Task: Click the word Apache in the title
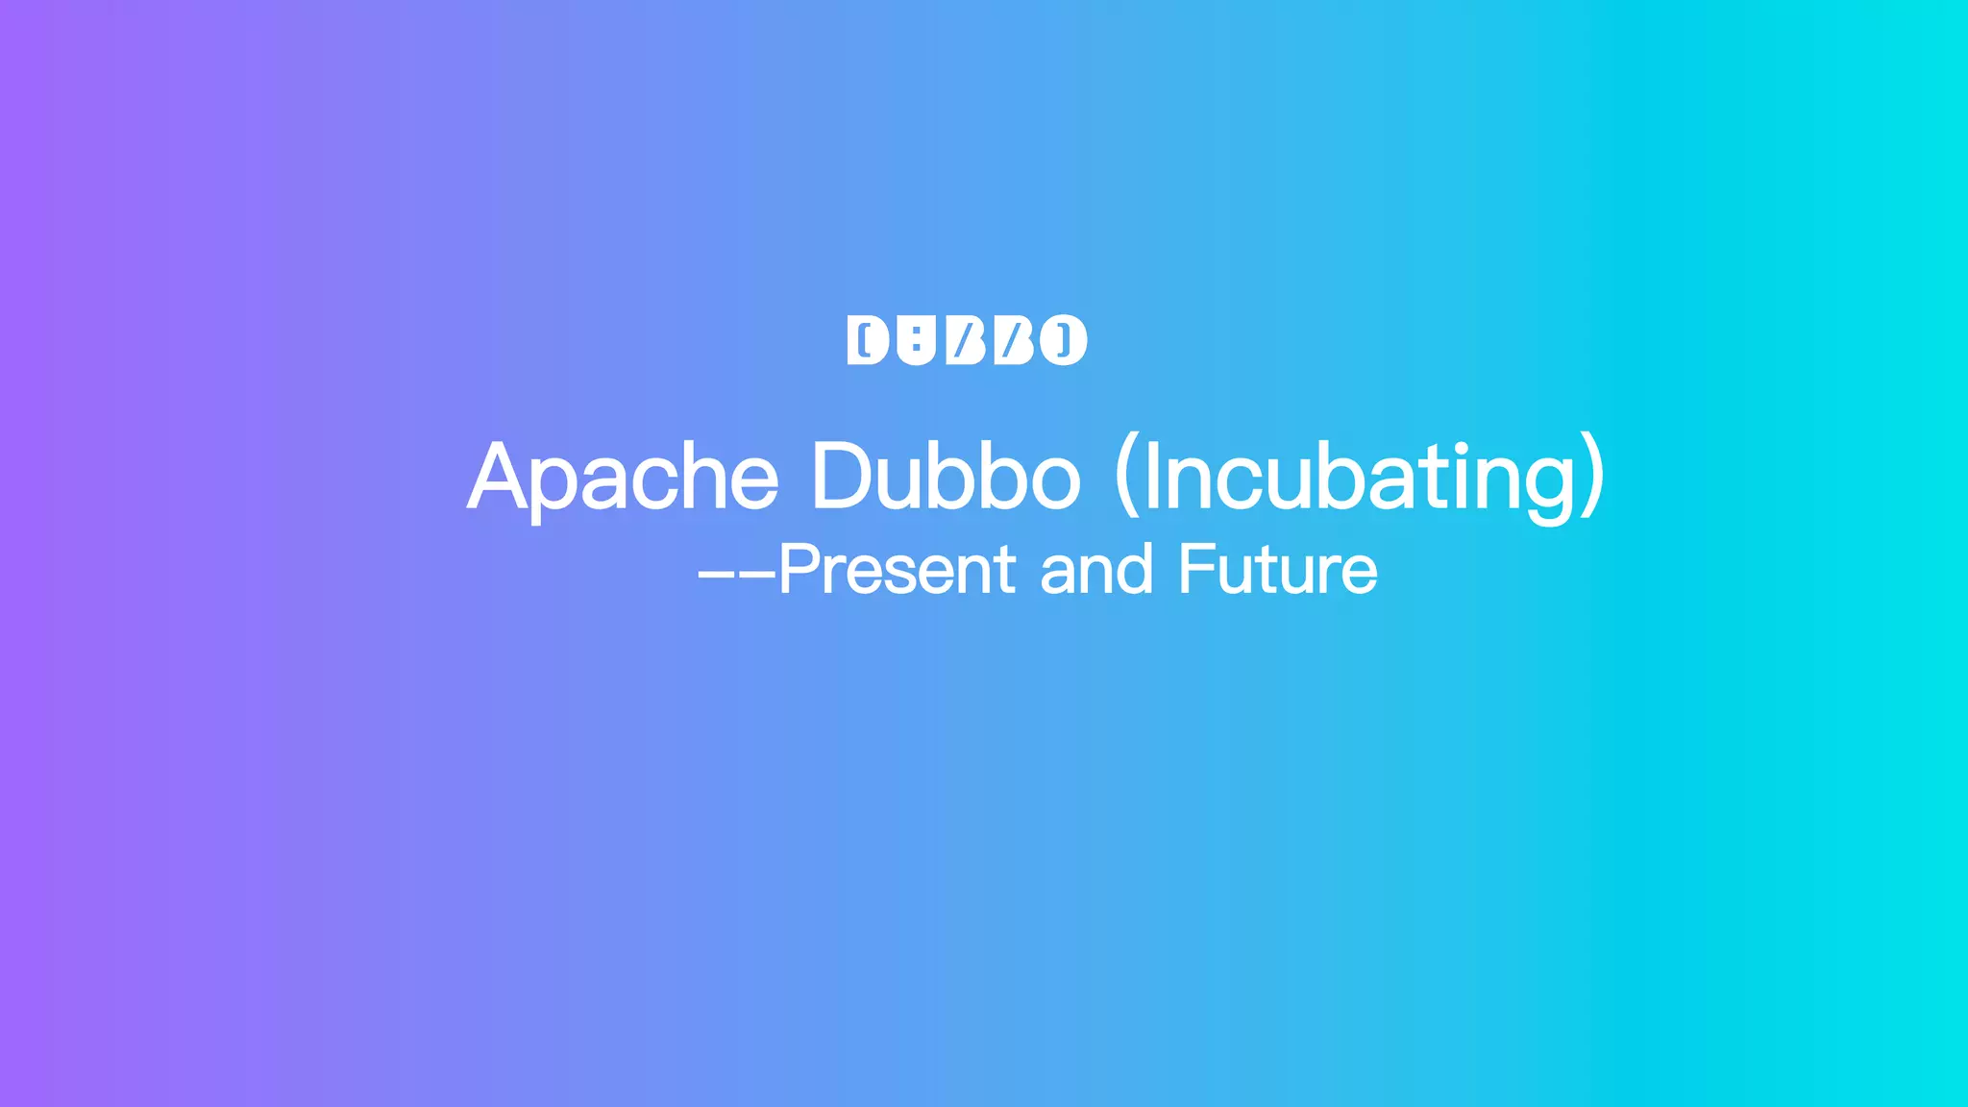pos(623,477)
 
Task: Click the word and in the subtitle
pos(1096,569)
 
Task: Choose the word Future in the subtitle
pos(1278,569)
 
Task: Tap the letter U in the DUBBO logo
pos(917,340)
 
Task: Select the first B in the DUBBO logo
pos(966,340)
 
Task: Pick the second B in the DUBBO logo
pos(1013,340)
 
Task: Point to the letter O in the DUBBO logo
pos(1063,340)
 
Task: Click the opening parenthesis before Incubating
pos(1125,477)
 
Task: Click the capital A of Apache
pos(497,477)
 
